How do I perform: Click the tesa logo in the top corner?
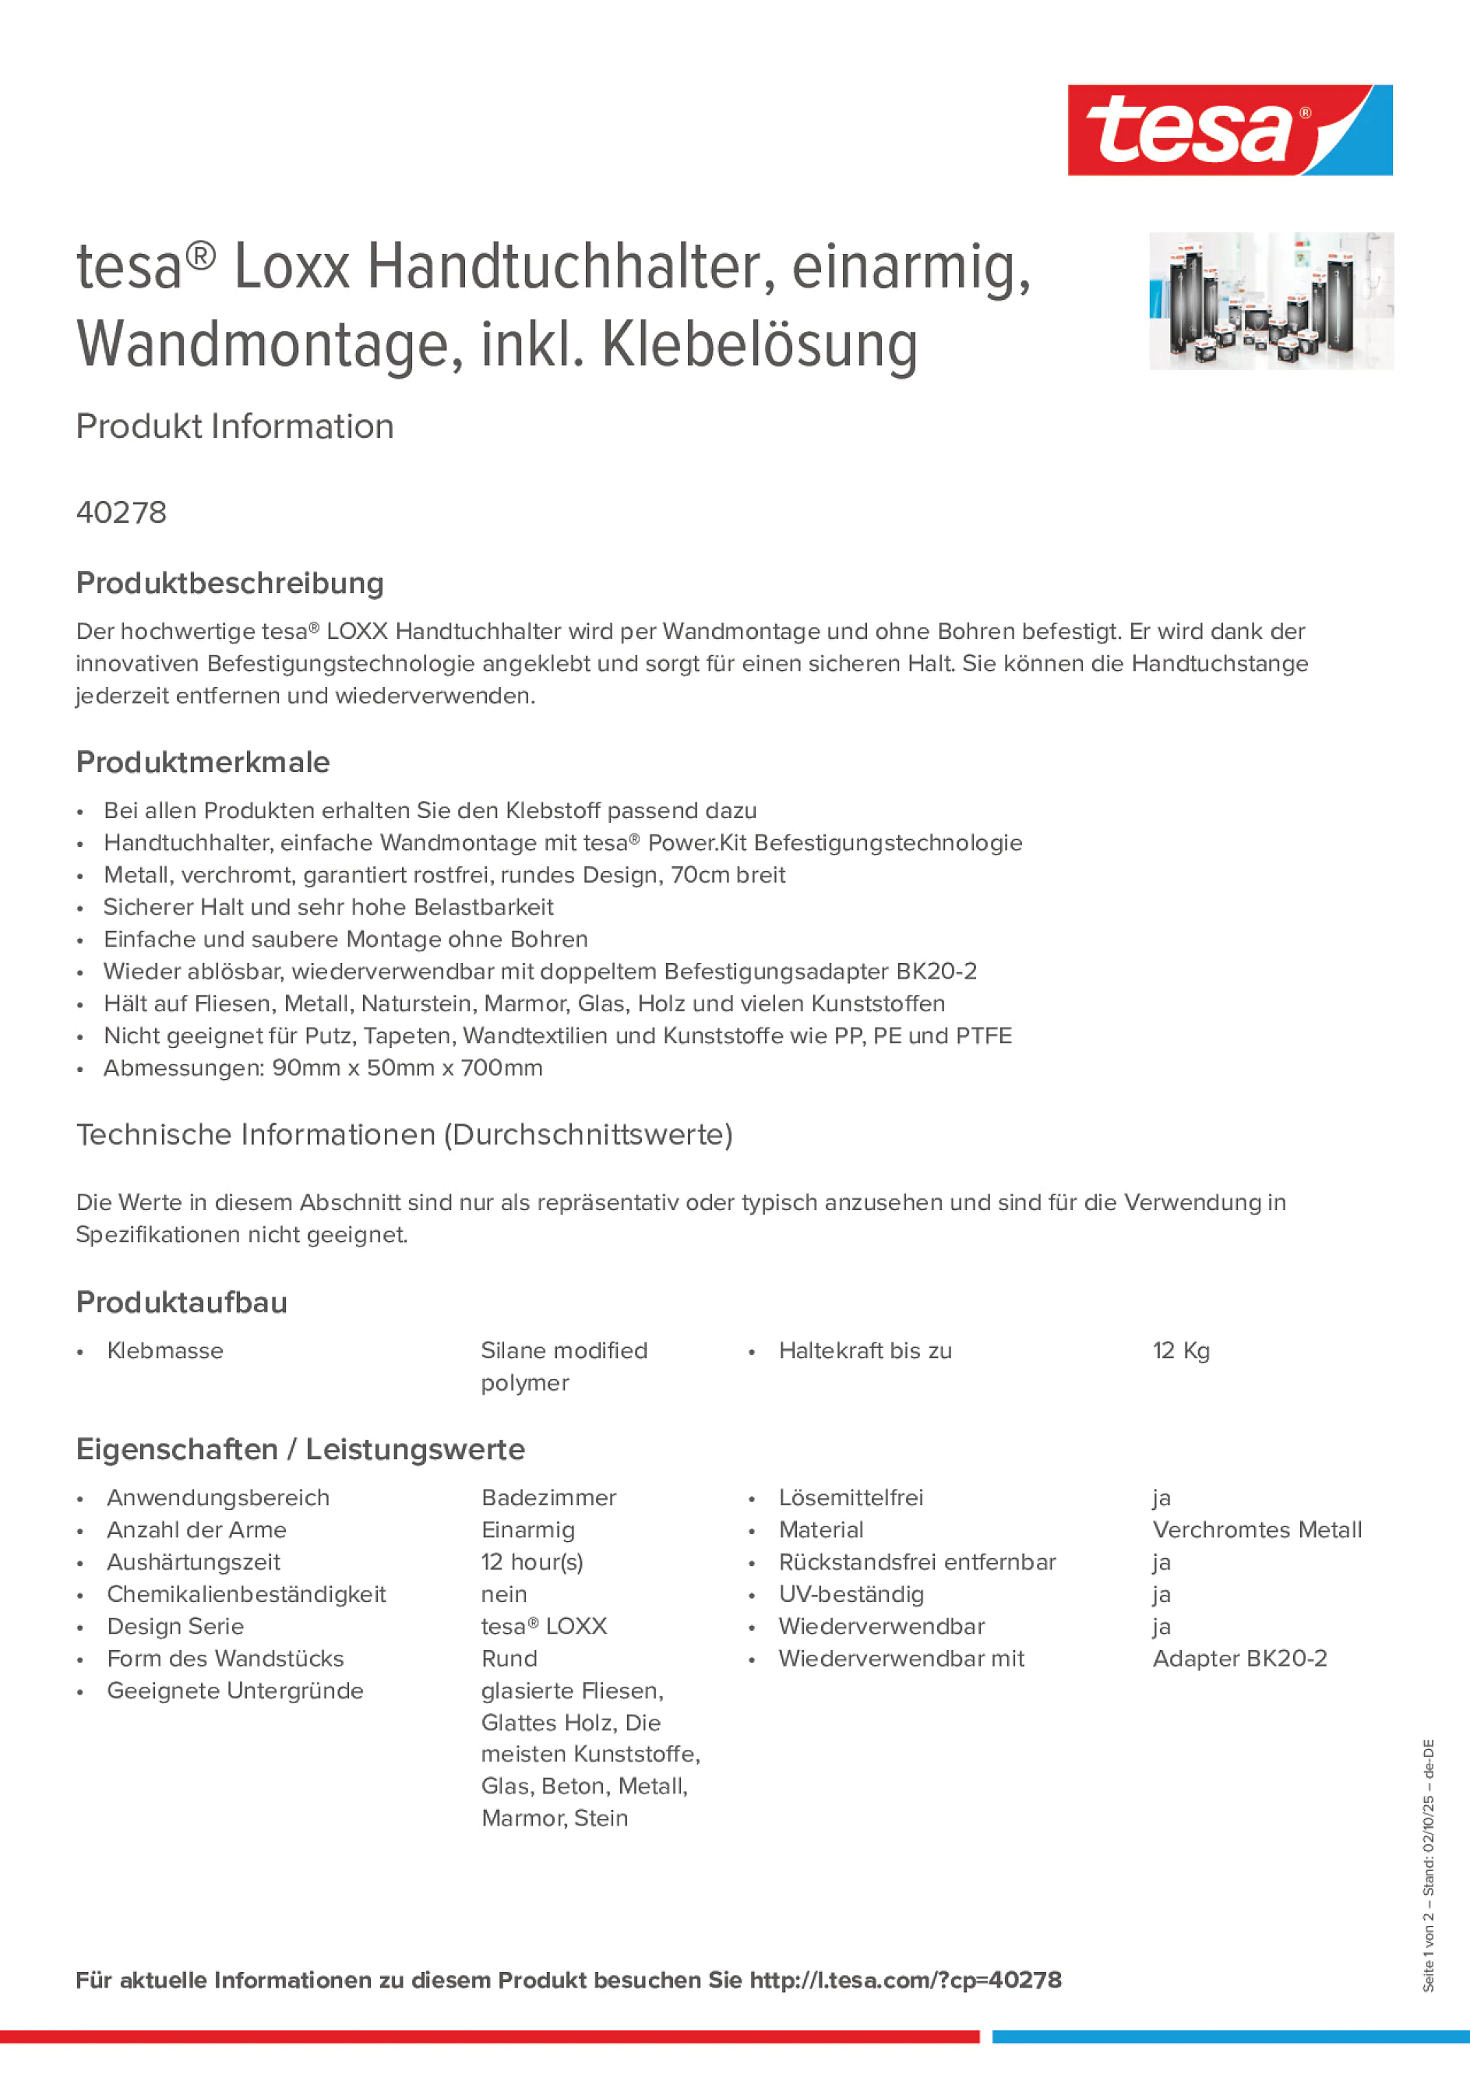tap(1229, 129)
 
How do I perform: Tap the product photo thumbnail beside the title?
tap(1271, 301)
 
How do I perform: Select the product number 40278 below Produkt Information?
tap(122, 513)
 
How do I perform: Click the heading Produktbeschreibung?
tap(230, 583)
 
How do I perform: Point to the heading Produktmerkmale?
tap(203, 762)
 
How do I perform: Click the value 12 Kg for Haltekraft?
tap(1181, 1350)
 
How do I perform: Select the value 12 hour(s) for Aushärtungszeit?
tap(532, 1561)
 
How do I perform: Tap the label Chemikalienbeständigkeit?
tap(246, 1594)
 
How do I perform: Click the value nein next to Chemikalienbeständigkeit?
tap(504, 1594)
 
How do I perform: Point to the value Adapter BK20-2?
tap(1239, 1659)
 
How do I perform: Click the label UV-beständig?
tap(851, 1594)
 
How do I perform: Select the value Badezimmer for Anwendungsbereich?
tap(548, 1497)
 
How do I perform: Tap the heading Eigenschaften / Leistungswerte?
tap(300, 1449)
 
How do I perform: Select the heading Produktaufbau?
tap(182, 1303)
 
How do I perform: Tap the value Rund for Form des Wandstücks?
tap(509, 1659)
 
